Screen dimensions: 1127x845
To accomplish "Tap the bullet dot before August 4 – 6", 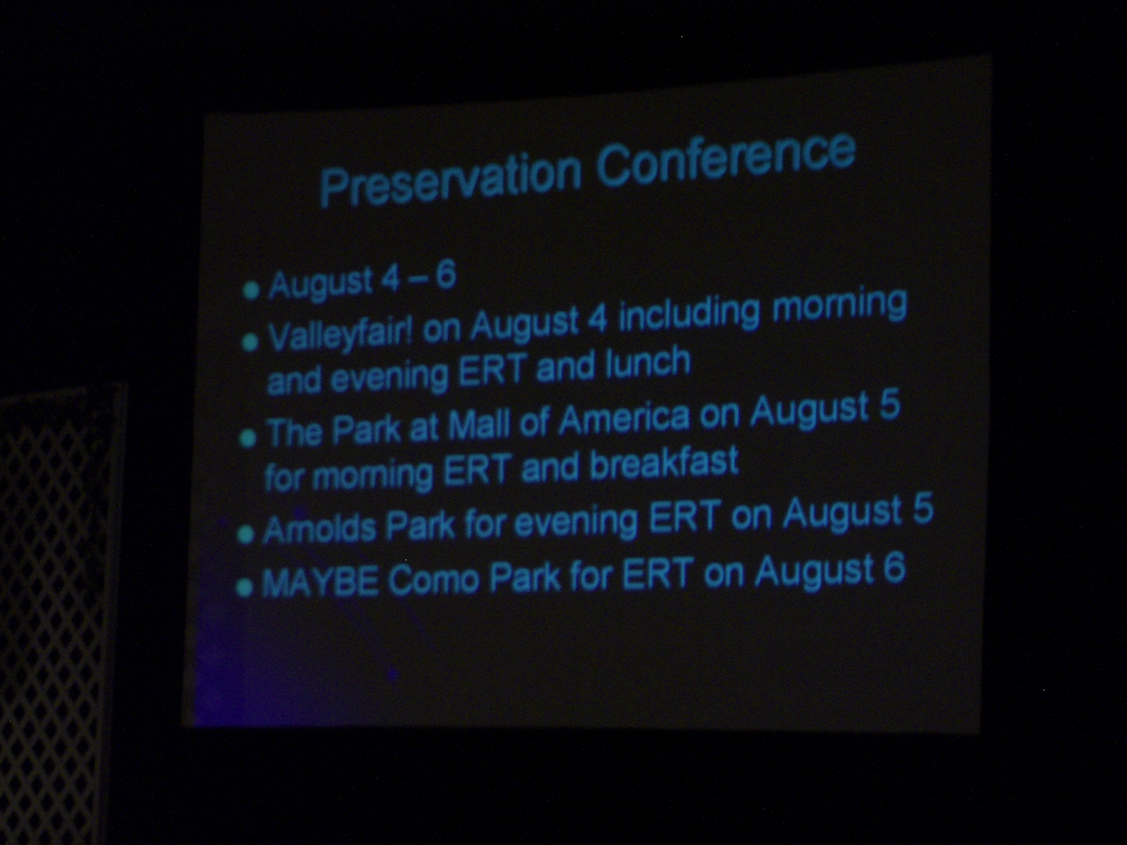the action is point(250,291).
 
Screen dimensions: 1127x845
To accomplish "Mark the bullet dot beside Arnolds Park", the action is point(246,535).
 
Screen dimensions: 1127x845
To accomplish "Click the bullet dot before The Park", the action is point(247,438).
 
